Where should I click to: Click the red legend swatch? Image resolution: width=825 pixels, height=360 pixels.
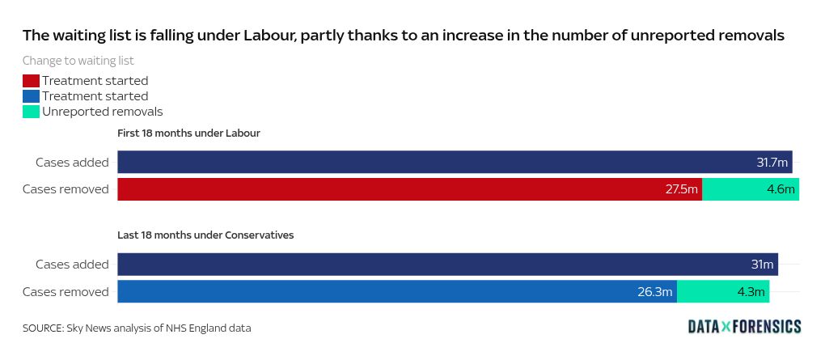[x=31, y=81]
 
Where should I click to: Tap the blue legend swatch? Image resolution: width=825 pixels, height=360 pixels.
[x=31, y=96]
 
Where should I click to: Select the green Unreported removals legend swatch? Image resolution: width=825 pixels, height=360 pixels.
[x=31, y=112]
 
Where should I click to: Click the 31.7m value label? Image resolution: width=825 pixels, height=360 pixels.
[x=772, y=163]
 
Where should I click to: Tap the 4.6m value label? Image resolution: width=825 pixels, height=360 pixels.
[x=781, y=189]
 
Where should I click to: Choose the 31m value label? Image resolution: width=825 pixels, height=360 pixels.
[x=763, y=265]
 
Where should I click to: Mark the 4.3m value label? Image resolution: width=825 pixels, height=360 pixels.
[x=749, y=292]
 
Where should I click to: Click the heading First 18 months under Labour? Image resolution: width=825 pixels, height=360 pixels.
[x=188, y=133]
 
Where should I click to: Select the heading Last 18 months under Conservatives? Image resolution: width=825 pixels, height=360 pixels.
[x=205, y=235]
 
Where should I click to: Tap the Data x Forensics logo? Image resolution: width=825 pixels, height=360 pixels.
[x=744, y=326]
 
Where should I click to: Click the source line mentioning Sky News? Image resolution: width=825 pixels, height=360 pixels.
[x=137, y=328]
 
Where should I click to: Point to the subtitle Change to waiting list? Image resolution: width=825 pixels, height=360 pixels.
[x=78, y=60]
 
